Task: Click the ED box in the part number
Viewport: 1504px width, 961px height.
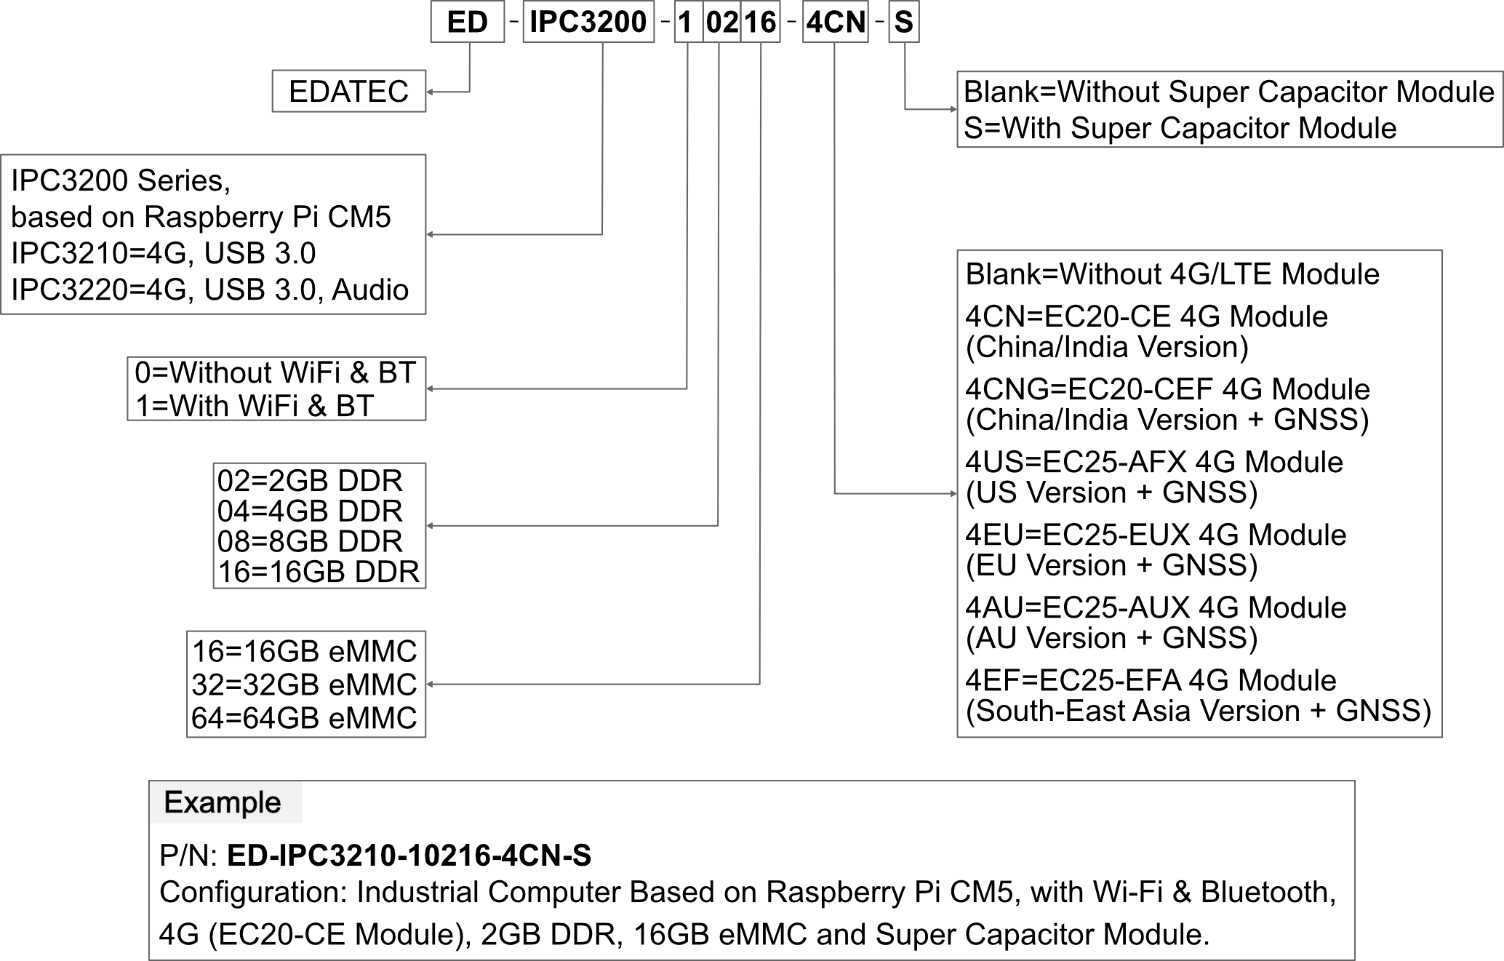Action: [468, 22]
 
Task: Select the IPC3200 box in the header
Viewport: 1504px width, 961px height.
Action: [588, 22]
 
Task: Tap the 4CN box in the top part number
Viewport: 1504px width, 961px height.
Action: [836, 22]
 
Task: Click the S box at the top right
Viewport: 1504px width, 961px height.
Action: [904, 22]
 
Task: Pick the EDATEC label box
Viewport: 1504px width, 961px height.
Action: [349, 91]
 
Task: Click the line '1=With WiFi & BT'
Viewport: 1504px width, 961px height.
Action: [255, 406]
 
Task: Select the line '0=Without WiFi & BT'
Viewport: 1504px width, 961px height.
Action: [275, 372]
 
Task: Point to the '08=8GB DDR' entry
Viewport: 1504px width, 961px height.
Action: [310, 541]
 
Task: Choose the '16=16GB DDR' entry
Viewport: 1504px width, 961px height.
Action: [319, 572]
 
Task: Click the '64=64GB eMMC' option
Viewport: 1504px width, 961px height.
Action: [304, 718]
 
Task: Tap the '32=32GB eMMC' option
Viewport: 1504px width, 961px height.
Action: [304, 685]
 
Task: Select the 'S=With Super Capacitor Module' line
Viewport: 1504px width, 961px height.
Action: [1180, 128]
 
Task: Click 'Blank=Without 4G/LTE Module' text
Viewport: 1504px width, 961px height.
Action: [1172, 274]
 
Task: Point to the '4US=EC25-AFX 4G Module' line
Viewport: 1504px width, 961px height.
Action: [1154, 462]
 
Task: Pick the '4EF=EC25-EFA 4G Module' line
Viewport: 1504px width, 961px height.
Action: [1151, 680]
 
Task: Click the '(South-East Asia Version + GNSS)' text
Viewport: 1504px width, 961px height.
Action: [1199, 711]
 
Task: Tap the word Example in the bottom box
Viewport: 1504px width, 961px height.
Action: [223, 802]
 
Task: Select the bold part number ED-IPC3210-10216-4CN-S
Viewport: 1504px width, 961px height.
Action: [409, 856]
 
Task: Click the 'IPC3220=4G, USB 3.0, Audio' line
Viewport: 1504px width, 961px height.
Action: [209, 290]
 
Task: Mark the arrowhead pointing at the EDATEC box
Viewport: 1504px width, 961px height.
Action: [430, 92]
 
